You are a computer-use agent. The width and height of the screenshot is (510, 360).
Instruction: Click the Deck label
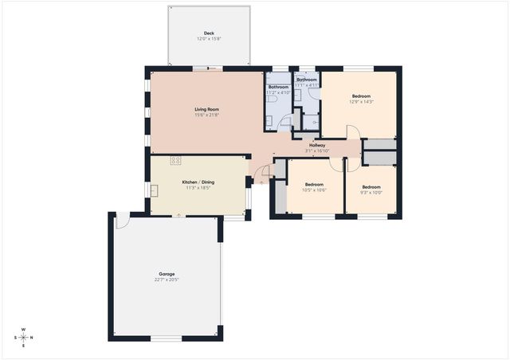(209, 33)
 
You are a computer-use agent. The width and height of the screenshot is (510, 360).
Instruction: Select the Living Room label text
(206, 109)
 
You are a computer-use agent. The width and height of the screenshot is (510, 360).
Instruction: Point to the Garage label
(166, 274)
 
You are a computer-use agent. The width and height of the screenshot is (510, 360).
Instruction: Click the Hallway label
(317, 145)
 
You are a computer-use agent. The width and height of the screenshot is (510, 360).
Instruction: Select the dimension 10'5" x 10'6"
(315, 190)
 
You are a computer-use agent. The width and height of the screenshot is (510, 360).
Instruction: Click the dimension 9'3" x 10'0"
(372, 192)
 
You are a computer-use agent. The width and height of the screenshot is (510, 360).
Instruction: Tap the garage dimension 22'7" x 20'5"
(166, 280)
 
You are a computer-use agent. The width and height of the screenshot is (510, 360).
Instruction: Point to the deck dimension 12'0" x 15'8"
(209, 39)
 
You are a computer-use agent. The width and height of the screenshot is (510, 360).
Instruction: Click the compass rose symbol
(23, 337)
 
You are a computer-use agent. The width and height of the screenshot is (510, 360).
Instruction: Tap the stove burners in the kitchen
(175, 161)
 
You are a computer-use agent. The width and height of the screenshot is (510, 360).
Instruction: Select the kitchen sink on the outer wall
(155, 190)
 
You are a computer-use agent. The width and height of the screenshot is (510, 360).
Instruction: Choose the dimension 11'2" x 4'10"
(278, 92)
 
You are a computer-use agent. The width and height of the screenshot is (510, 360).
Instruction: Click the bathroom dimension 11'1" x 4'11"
(307, 85)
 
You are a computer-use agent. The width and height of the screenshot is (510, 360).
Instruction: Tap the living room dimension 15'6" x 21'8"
(206, 115)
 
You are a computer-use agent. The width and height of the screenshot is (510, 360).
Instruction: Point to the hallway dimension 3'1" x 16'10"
(317, 151)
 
